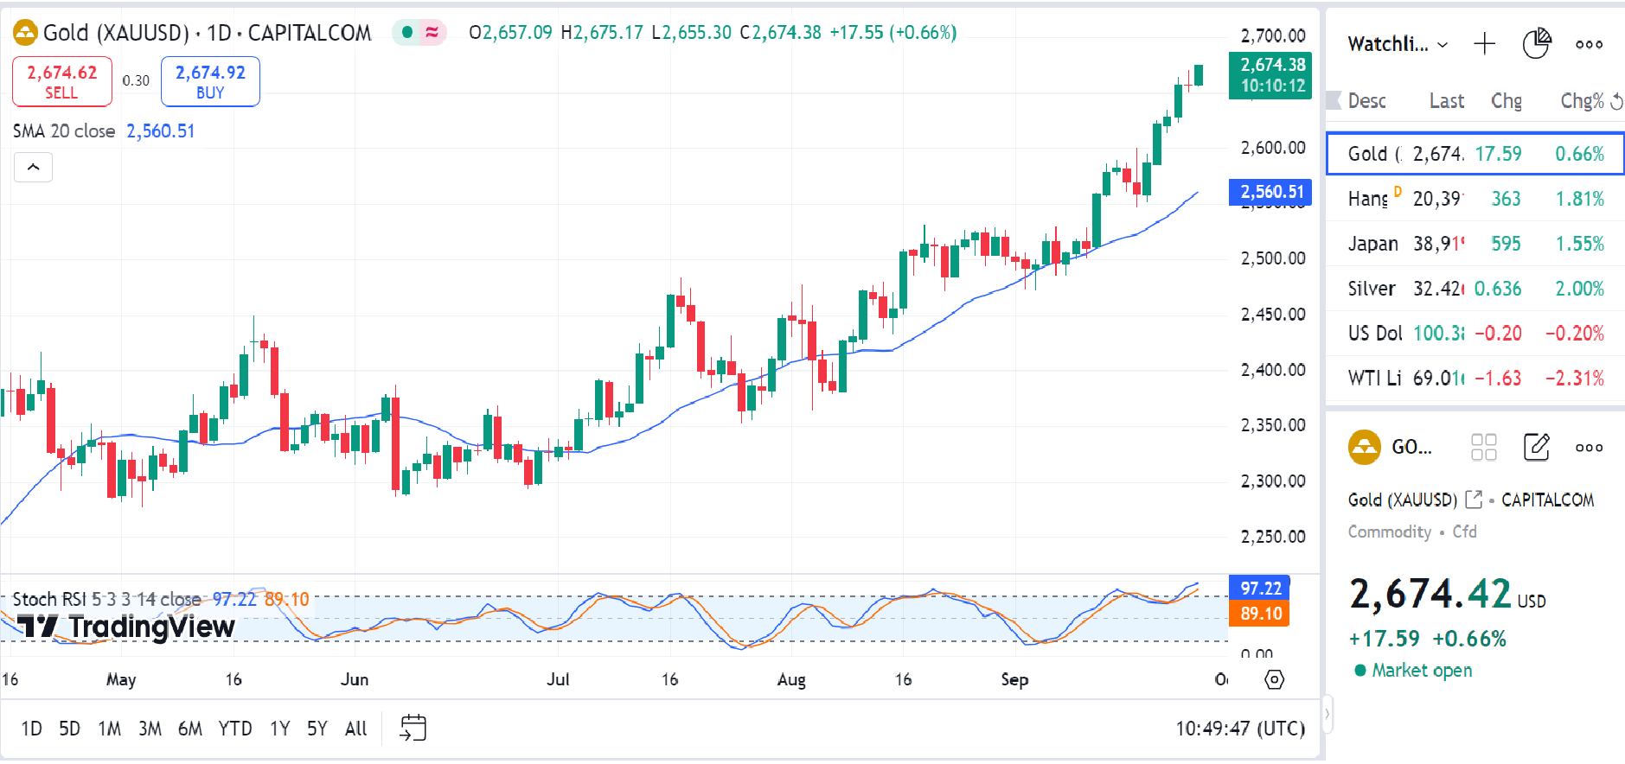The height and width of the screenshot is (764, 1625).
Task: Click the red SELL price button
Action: [x=61, y=81]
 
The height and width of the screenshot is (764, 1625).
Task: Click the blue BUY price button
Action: [x=210, y=81]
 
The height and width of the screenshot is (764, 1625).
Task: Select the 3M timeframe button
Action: [x=150, y=729]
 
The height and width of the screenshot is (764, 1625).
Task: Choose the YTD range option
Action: [x=234, y=729]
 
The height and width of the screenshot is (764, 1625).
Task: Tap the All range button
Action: [x=355, y=729]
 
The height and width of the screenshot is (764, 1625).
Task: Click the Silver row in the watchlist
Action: [x=1372, y=289]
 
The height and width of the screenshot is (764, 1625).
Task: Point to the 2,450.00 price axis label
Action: [x=1272, y=314]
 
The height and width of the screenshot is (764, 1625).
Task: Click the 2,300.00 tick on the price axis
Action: [x=1272, y=481]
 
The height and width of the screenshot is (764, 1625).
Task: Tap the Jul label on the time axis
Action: [x=558, y=679]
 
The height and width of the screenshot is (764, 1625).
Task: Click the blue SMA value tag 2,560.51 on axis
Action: [x=1270, y=192]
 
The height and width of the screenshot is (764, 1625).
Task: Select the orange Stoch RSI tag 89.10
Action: [x=1260, y=613]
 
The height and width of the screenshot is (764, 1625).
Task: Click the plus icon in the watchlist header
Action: [x=1484, y=44]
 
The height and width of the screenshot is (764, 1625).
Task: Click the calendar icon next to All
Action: [x=413, y=728]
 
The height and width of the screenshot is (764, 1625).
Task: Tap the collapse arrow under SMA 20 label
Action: [x=33, y=167]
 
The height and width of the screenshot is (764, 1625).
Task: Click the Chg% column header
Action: [x=1582, y=101]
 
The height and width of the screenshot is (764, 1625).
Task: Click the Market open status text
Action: [x=1421, y=671]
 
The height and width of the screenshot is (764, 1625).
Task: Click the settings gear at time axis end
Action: [x=1274, y=679]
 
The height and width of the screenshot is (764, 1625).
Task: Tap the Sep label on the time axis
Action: [x=1014, y=679]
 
